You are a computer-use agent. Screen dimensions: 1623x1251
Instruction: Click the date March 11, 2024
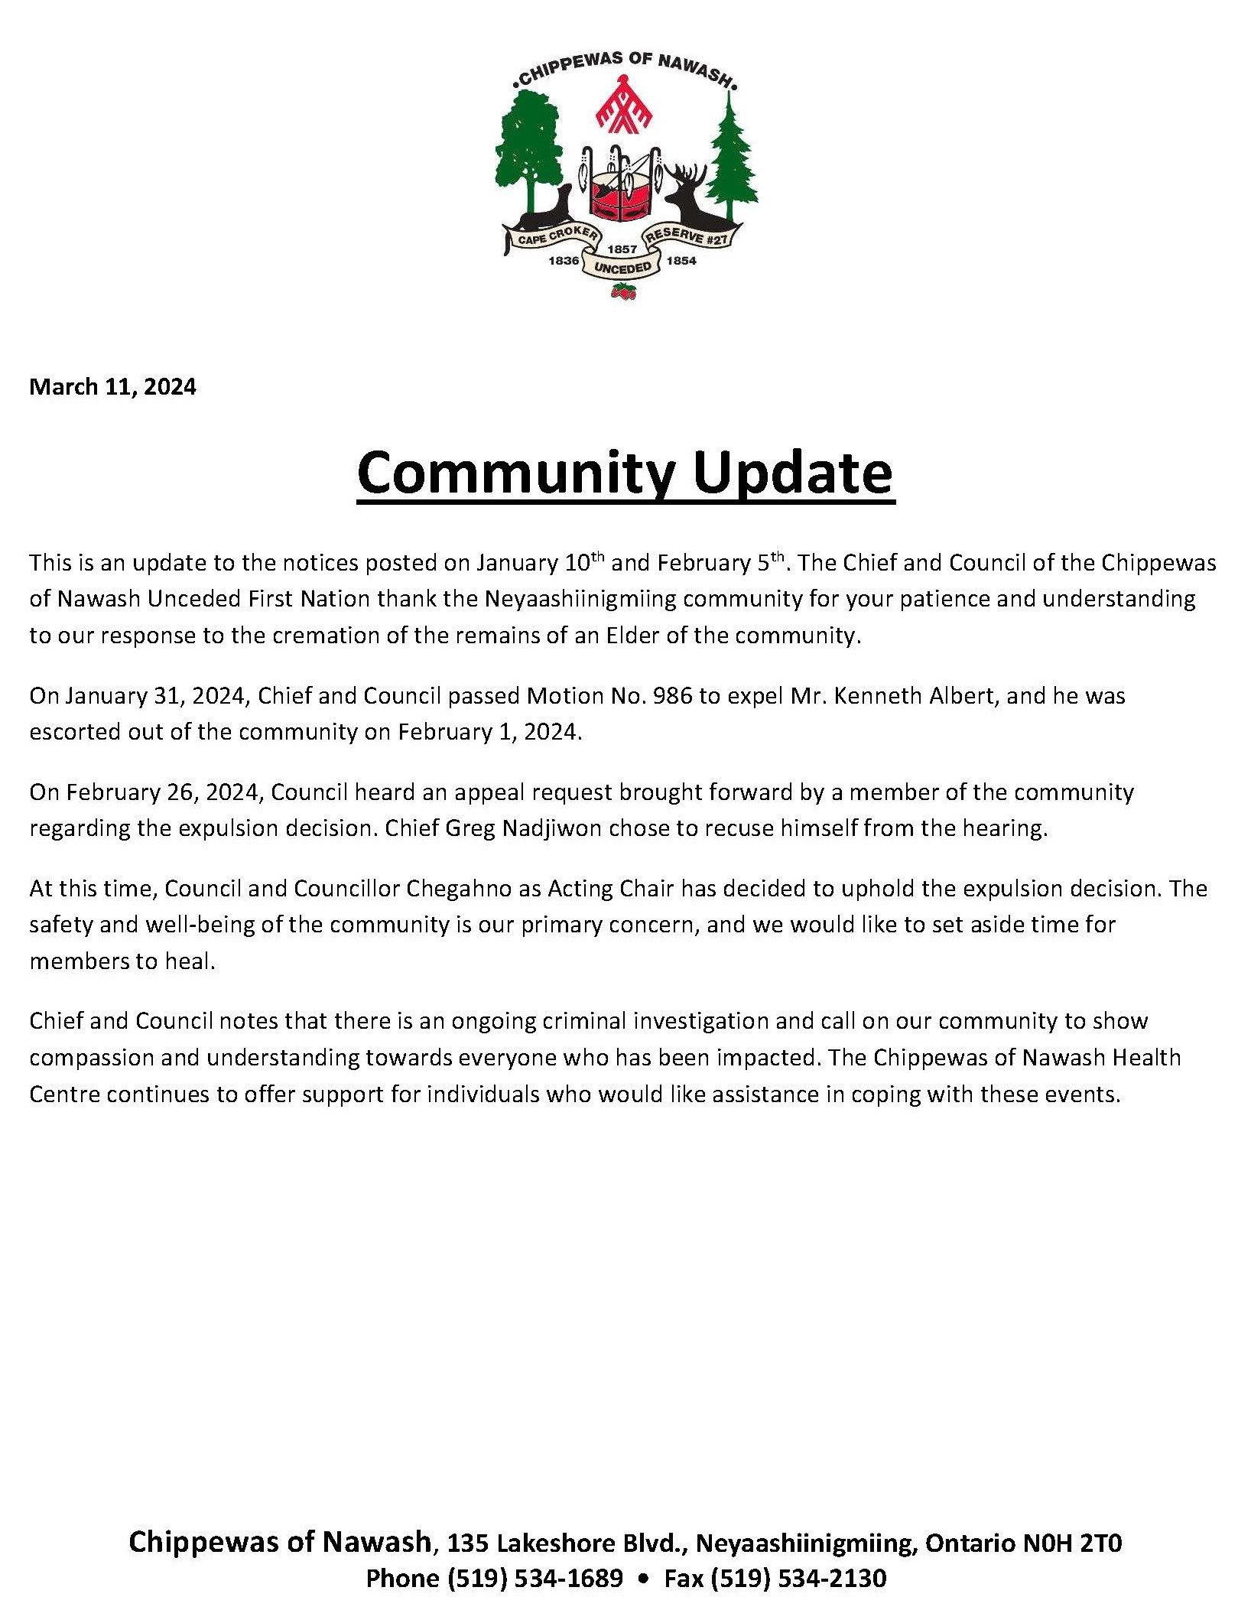pyautogui.click(x=112, y=387)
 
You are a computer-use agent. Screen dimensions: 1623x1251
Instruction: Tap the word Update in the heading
pyautogui.click(x=793, y=473)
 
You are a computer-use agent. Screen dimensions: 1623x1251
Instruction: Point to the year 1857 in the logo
pyautogui.click(x=622, y=249)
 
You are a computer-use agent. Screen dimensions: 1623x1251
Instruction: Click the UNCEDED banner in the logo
pyautogui.click(x=622, y=268)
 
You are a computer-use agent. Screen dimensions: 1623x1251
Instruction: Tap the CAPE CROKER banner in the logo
pyautogui.click(x=556, y=236)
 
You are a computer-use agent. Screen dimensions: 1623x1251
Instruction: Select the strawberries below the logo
pyautogui.click(x=624, y=291)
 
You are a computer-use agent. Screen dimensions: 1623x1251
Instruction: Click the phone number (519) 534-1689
pyautogui.click(x=535, y=1578)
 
